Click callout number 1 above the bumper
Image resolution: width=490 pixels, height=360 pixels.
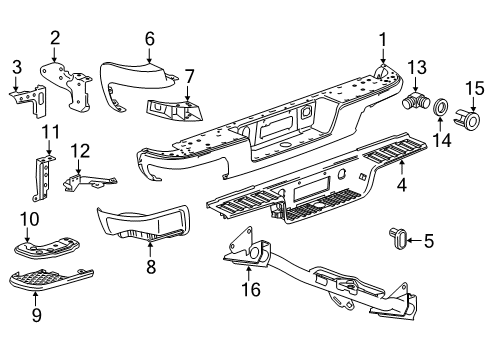(381, 39)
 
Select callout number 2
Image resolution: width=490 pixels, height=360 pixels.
(55, 38)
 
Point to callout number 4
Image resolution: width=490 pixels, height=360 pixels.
(402, 184)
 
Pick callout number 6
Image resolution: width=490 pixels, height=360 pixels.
(150, 39)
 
